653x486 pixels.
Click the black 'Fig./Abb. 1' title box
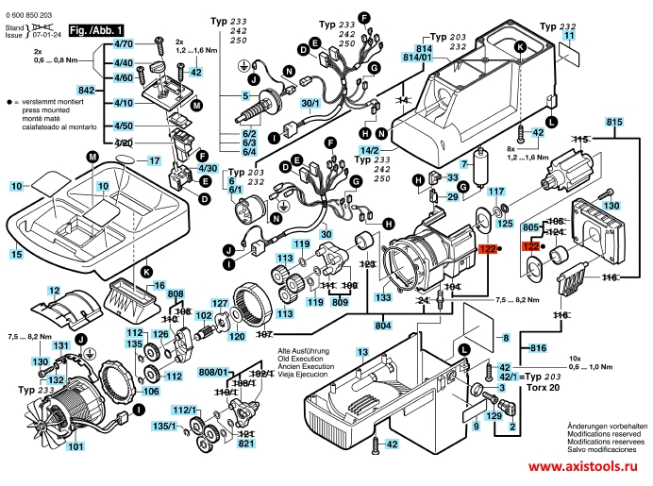click(97, 31)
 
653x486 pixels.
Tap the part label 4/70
click(124, 44)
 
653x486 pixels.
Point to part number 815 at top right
click(614, 122)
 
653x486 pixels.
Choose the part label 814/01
click(418, 58)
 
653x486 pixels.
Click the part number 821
click(247, 444)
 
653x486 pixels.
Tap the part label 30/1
click(310, 103)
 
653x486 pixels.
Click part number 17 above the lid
click(153, 161)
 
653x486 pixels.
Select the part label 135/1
click(166, 426)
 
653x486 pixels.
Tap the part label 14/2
click(373, 151)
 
